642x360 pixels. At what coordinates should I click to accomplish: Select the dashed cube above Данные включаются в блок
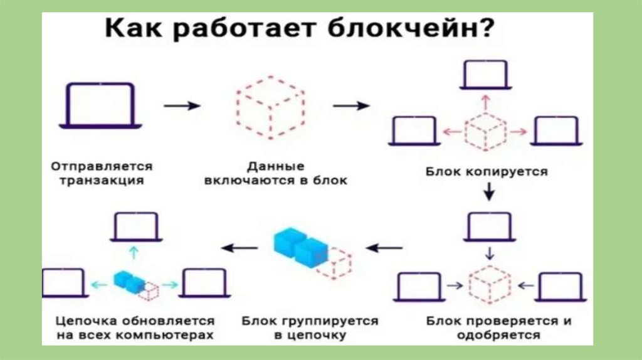pos(270,107)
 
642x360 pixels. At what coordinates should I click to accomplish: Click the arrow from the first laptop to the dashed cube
pos(182,106)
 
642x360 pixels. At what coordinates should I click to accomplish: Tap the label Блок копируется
pos(487,171)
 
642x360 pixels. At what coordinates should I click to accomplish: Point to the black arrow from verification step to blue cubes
pos(384,248)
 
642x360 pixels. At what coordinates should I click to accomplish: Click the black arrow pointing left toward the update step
pos(239,248)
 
